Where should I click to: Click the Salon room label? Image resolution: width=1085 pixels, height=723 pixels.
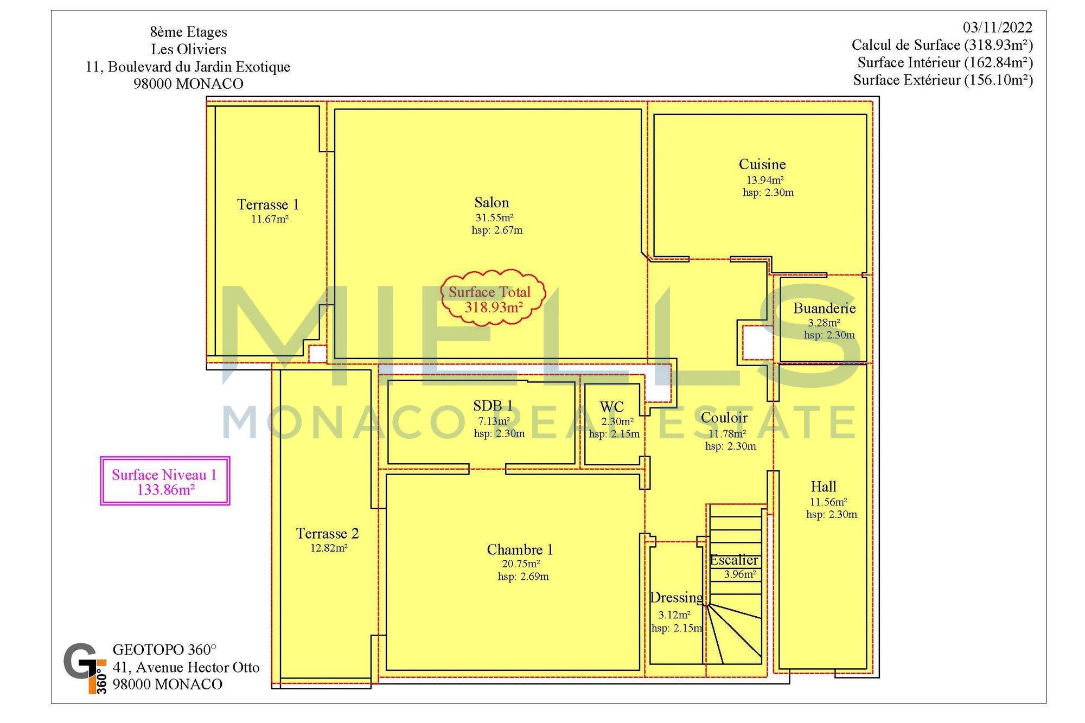[492, 203]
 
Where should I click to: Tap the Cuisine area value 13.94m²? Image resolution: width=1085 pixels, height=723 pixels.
[765, 180]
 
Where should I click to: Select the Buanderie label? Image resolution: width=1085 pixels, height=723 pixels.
[824, 309]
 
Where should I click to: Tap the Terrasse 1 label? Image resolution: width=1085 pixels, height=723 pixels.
[268, 204]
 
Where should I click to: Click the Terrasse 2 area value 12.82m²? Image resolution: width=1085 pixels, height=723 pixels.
[329, 548]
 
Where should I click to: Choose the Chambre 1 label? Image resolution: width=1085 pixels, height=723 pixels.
[520, 549]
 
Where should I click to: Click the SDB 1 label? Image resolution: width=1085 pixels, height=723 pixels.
[493, 406]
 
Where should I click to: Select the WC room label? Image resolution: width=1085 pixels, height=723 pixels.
[612, 407]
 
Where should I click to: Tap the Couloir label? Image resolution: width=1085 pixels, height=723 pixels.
[724, 418]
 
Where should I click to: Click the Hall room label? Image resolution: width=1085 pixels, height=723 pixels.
[824, 487]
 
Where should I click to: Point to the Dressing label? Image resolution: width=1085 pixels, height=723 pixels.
[676, 598]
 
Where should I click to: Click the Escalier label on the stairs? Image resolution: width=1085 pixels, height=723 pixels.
[734, 560]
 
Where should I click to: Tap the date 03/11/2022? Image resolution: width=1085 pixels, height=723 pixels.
[998, 27]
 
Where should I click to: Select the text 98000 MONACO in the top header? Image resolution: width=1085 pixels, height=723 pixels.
[188, 84]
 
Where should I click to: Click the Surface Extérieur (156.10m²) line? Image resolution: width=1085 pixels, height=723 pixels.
[943, 80]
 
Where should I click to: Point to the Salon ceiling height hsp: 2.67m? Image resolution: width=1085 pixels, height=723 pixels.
[497, 230]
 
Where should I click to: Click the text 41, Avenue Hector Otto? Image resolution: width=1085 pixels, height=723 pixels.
[186, 667]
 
